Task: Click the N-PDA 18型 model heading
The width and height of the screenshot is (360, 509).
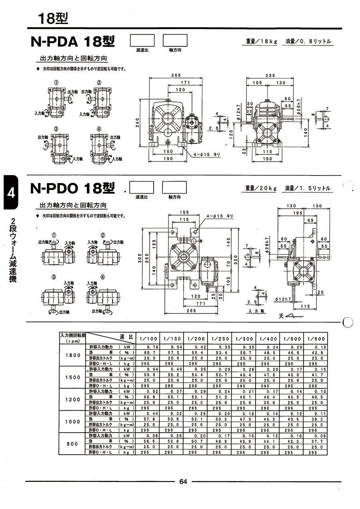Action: [73, 42]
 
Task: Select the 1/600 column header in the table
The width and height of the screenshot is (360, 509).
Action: [315, 339]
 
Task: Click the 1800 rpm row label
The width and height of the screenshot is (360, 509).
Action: [73, 355]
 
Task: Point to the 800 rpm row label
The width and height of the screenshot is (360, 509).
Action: [73, 443]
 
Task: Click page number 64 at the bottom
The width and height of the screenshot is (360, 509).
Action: [183, 481]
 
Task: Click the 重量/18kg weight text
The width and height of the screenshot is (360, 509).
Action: [260, 42]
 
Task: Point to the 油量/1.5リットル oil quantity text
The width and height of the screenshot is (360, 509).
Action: [308, 188]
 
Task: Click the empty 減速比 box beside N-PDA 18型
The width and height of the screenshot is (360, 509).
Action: [142, 41]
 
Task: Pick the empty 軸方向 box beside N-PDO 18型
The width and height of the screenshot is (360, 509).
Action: [174, 188]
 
